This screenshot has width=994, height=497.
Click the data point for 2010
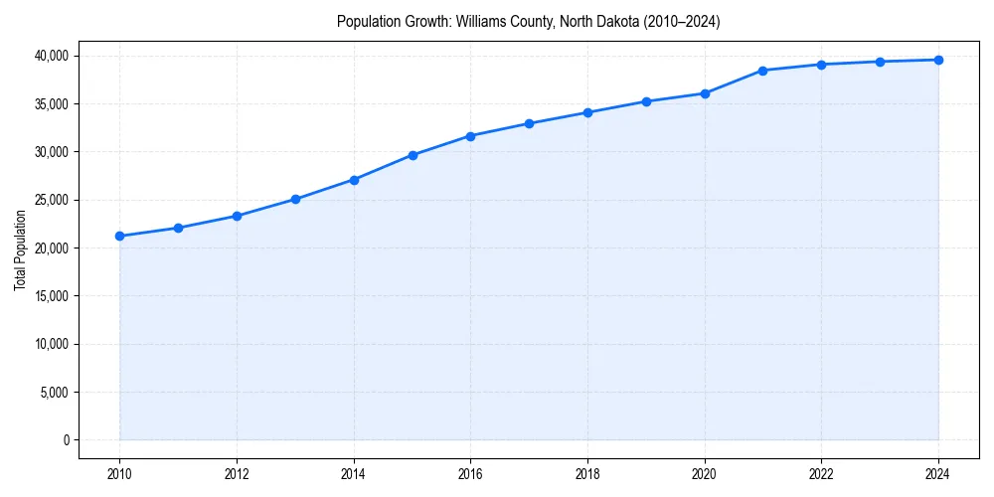(x=119, y=237)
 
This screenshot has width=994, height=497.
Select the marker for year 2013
(x=295, y=199)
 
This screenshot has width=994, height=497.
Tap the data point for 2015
(x=413, y=155)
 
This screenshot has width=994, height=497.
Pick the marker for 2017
(x=529, y=123)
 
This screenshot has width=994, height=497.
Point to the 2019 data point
(x=646, y=101)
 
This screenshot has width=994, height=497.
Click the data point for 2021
(x=762, y=71)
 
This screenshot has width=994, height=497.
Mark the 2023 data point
(x=880, y=62)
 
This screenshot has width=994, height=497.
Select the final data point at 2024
(x=938, y=60)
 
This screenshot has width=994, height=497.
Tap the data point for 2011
(x=178, y=228)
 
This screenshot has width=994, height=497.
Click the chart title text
(x=528, y=21)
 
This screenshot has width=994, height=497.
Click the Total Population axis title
(x=20, y=249)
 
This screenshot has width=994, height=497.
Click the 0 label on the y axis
(x=67, y=440)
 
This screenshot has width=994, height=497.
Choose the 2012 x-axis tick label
(x=237, y=474)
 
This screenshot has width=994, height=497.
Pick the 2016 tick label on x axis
(x=470, y=474)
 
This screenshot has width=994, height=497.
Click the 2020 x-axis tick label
(x=705, y=474)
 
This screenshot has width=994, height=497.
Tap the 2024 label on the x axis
(x=938, y=474)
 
